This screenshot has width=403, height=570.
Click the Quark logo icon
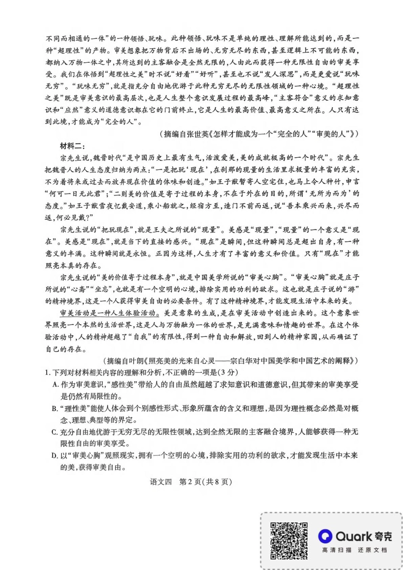[x=326, y=536]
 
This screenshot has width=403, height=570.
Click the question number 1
[x=48, y=372]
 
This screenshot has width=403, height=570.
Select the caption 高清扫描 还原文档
[x=354, y=550]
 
